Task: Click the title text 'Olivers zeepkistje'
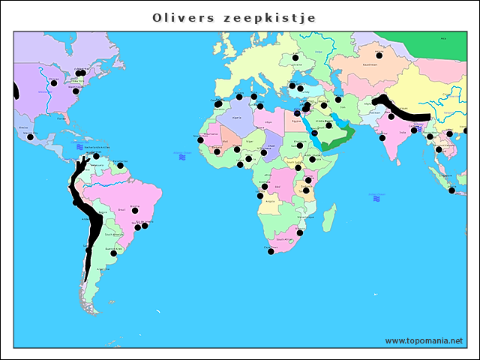233,17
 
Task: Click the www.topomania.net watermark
423,340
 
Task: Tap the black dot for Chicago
54,82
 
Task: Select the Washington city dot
76,91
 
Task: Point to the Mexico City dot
30,137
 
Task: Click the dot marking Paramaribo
120,165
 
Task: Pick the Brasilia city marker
135,210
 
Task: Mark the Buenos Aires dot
114,253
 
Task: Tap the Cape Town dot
271,251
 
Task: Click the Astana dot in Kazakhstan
379,55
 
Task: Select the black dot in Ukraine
295,58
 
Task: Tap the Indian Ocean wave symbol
376,198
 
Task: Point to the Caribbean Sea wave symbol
79,148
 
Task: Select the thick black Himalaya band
401,111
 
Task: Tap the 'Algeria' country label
237,118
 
